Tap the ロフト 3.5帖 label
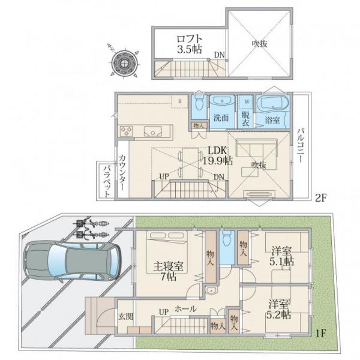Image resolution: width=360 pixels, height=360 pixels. [190, 44]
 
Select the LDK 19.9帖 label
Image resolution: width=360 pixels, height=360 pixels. [217, 155]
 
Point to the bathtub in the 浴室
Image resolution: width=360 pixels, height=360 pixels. [272, 103]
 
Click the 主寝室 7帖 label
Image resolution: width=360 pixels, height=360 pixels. [168, 271]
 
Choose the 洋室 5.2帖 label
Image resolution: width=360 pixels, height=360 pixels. [278, 309]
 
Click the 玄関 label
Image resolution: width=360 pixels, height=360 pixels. [126, 317]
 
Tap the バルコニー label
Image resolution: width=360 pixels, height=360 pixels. [301, 146]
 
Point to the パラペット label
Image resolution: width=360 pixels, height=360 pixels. [107, 181]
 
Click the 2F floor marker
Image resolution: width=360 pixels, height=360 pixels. [320, 197]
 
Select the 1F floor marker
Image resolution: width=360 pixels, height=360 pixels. [320, 333]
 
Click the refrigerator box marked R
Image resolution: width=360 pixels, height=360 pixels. [180, 101]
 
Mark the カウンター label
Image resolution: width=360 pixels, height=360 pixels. [122, 172]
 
